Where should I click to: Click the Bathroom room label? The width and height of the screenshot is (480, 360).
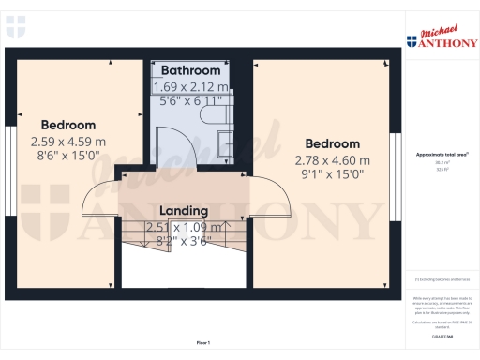(x=191, y=70)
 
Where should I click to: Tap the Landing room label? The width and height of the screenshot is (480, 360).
(x=184, y=211)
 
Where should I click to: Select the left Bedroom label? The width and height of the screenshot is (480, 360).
(x=68, y=125)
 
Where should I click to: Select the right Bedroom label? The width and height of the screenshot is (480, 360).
(x=332, y=143)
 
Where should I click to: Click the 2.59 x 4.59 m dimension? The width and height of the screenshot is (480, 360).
(x=68, y=142)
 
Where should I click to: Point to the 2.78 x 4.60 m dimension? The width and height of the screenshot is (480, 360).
(x=333, y=159)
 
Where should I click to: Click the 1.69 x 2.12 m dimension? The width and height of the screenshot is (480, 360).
(x=191, y=86)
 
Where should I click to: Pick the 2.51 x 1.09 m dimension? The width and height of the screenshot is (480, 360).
(x=184, y=227)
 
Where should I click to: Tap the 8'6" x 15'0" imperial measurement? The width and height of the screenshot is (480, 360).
(x=68, y=157)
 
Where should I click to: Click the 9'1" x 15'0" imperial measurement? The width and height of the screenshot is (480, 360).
(x=333, y=174)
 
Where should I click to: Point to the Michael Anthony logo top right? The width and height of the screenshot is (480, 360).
(x=442, y=36)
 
